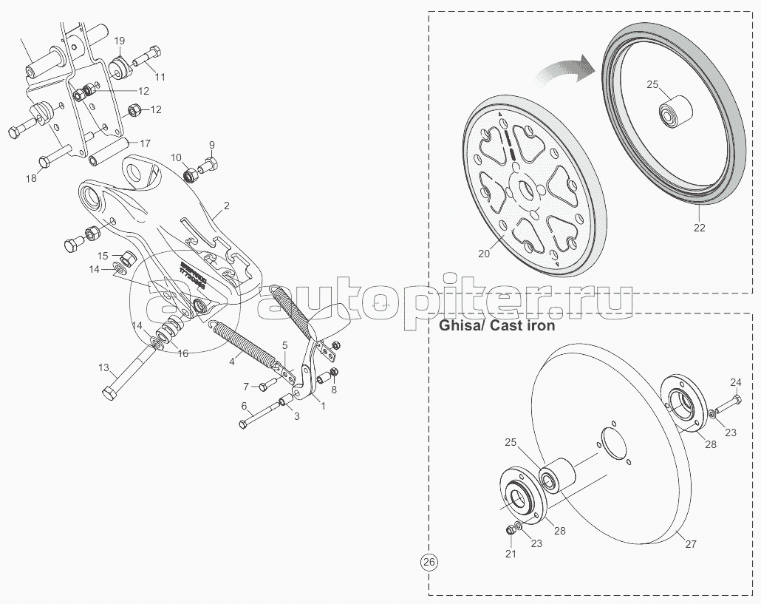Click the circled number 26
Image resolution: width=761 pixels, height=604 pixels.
429,563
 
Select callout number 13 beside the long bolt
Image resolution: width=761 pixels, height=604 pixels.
104,367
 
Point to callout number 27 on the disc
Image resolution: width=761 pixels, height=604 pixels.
690,544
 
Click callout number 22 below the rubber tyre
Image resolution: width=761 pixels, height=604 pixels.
699,227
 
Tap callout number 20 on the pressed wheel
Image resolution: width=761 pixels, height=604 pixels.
484,253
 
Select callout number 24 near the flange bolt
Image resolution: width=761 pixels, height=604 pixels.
735,382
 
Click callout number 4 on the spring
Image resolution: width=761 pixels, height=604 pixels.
232,361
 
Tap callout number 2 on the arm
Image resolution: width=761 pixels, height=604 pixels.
227,205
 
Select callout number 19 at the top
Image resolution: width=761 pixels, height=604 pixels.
120,41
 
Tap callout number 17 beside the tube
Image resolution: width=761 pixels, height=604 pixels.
145,143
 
